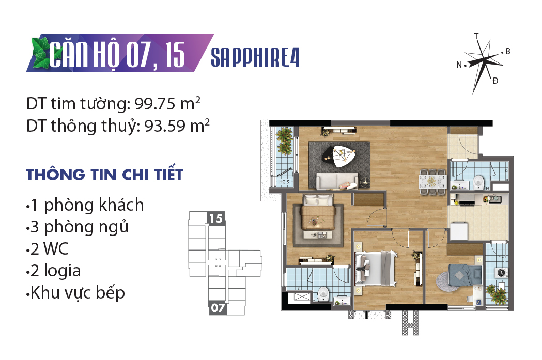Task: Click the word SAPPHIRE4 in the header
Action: pos(255,57)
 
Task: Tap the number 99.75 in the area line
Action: pos(155,103)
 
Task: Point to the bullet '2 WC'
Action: pos(48,249)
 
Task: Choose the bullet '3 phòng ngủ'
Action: pos(78,227)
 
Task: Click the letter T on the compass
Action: pos(476,36)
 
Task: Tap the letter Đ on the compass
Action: pos(495,81)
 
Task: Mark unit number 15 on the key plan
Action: pos(215,218)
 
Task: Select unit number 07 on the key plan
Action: pos(218,308)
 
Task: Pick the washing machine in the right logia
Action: pos(501,273)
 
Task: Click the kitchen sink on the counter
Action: pos(494,199)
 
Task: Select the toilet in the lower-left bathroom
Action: pos(323,294)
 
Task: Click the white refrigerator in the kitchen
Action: pos(459,231)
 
